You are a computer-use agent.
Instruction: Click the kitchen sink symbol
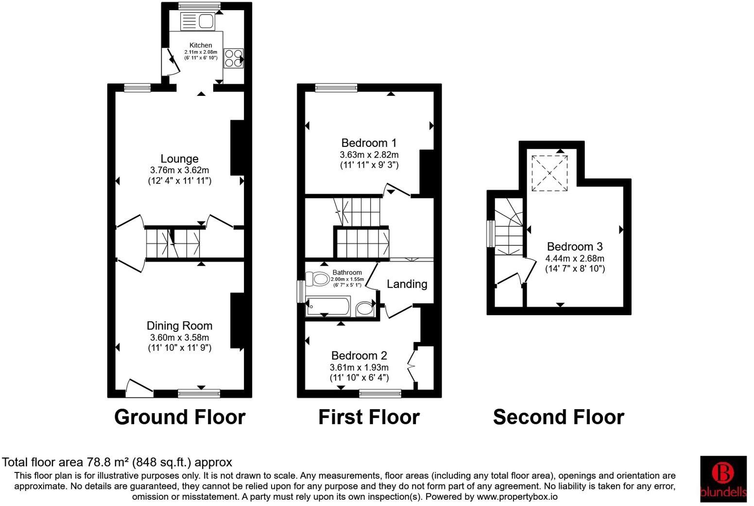coord(197,21)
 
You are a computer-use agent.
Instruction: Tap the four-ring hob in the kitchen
coord(233,58)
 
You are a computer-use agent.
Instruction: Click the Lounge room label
coord(179,159)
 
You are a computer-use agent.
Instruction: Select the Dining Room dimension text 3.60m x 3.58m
coord(179,338)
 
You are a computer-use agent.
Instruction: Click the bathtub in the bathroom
coord(327,307)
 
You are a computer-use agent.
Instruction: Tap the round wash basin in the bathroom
coord(364,308)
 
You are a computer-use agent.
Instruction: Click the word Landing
coord(407,284)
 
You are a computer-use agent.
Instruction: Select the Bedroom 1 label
coord(369,143)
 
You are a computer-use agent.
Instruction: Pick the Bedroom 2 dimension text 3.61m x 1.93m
coord(359,367)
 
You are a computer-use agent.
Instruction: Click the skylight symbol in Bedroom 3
coord(549,173)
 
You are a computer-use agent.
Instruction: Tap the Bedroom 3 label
coord(575,247)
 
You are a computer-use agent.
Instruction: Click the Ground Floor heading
coord(180,417)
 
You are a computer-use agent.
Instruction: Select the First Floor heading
coord(369,417)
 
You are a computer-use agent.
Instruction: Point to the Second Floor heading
coord(558,417)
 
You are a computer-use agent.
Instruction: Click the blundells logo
coord(723,479)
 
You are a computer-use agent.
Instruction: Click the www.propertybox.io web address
coord(517,497)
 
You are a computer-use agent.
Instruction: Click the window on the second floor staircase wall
coord(491,234)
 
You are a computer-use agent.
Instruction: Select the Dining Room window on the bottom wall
coord(199,393)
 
